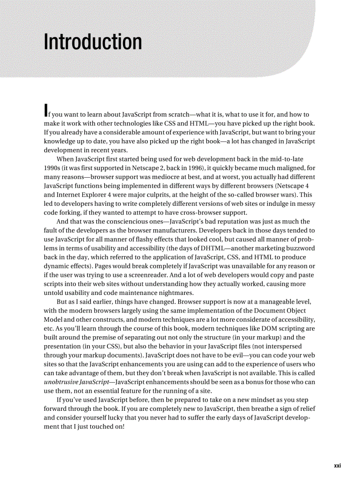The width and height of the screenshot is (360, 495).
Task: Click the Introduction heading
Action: [93, 42]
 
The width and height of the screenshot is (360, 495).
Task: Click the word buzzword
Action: [300, 248]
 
